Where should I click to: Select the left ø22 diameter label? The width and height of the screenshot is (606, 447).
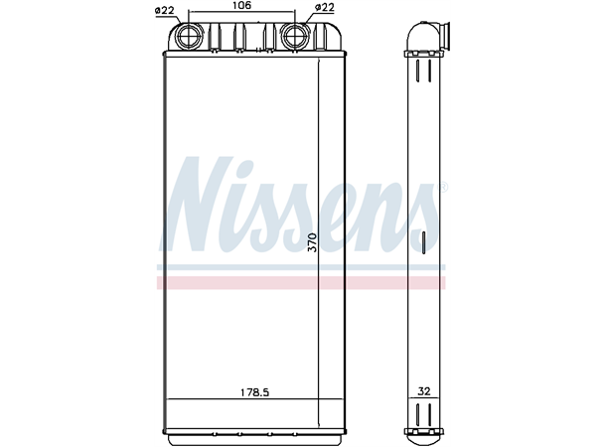(x=165, y=9)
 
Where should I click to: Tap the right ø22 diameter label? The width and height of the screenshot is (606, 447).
(x=324, y=9)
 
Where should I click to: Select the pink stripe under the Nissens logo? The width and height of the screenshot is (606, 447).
(x=298, y=283)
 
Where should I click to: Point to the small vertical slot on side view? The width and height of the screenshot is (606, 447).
(x=422, y=243)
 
